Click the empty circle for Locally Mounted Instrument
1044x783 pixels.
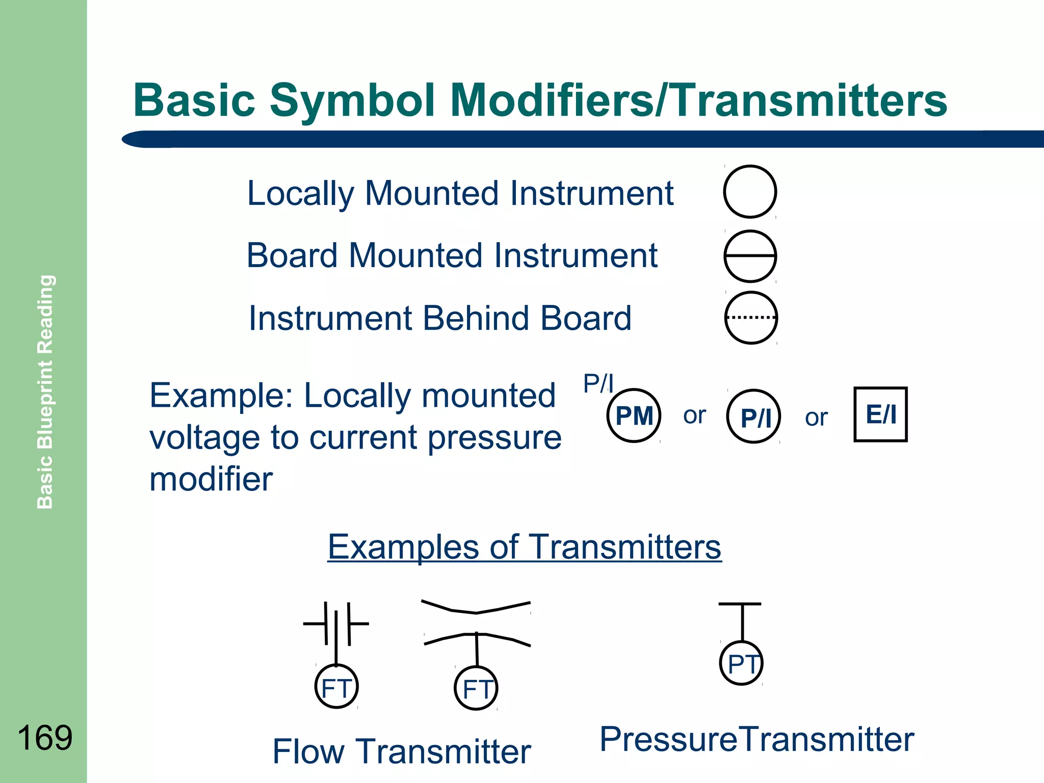[x=750, y=192]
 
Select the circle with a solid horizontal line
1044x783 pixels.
[x=750, y=256]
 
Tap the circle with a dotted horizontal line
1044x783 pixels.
[x=751, y=318]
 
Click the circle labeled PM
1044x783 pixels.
[x=634, y=415]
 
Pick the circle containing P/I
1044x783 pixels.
[x=753, y=416]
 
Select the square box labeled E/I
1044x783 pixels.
[x=880, y=414]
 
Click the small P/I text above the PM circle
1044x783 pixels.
[x=598, y=383]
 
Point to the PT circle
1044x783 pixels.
[x=742, y=663]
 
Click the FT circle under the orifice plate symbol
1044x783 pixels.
[x=336, y=686]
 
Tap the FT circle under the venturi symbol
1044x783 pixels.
[x=476, y=688]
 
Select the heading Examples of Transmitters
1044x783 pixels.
[x=524, y=546]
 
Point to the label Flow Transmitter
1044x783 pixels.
[x=402, y=751]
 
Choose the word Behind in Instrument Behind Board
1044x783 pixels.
[x=476, y=318]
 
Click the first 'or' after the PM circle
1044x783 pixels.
[x=694, y=415]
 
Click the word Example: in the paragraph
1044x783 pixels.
[x=221, y=396]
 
